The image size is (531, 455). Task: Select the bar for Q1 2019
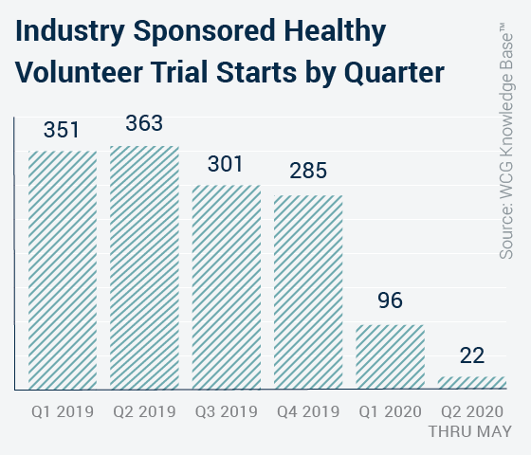tap(63, 270)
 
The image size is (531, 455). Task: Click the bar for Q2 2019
tap(144, 267)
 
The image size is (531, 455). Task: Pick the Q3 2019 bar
tap(227, 287)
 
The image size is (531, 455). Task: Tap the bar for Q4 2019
tap(308, 292)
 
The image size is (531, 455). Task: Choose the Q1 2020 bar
tap(390, 356)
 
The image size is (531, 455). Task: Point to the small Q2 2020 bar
tap(472, 383)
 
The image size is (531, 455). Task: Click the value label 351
tap(62, 130)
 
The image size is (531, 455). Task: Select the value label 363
tap(144, 123)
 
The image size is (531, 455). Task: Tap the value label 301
tap(226, 164)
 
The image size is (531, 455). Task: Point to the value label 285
tap(308, 171)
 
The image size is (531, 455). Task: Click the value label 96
tap(390, 300)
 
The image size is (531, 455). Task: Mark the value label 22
tap(472, 355)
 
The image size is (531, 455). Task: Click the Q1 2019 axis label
tap(63, 411)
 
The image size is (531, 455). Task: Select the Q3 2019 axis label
tap(227, 411)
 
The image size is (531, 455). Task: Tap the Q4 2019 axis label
tap(308, 411)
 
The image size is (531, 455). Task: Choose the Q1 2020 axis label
tap(390, 411)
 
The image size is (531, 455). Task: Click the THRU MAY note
tap(470, 431)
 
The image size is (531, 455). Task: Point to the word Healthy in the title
tap(335, 31)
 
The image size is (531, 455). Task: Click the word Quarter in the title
tap(394, 73)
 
